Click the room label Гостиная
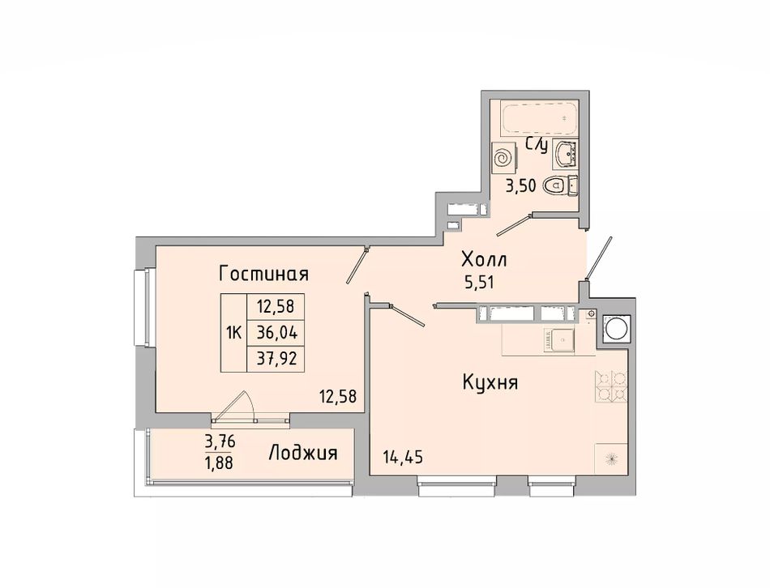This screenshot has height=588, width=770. (263, 274)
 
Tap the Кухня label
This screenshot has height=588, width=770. (490, 381)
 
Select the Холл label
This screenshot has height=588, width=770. (484, 258)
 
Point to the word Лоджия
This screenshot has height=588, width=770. (303, 453)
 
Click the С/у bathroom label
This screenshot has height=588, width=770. (536, 145)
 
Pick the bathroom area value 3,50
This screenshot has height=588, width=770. (520, 187)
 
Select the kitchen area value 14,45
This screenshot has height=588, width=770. (403, 458)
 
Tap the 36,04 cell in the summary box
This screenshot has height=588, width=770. (277, 333)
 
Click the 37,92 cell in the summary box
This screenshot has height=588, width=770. (277, 359)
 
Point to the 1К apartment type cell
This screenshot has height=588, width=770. (233, 333)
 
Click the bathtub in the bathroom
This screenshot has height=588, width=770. (539, 117)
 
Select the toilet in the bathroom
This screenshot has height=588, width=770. (560, 185)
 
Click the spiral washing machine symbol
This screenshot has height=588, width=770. (504, 158)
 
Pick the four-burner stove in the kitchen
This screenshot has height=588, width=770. (612, 386)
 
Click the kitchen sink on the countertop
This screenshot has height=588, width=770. (558, 339)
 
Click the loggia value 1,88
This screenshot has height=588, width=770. (220, 462)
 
